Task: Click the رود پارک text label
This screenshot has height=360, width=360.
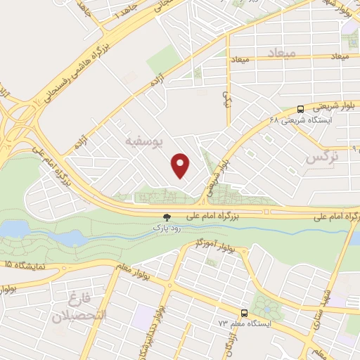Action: point(167,229)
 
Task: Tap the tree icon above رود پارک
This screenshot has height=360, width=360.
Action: point(167,217)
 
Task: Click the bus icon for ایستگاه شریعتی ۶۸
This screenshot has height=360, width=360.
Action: point(300,109)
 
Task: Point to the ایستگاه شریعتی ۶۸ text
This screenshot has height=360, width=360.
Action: point(310,120)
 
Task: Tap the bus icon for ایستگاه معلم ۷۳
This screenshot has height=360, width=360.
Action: point(244,312)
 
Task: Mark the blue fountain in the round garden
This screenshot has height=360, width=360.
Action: point(266,307)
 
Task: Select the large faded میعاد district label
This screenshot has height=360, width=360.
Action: point(283,53)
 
